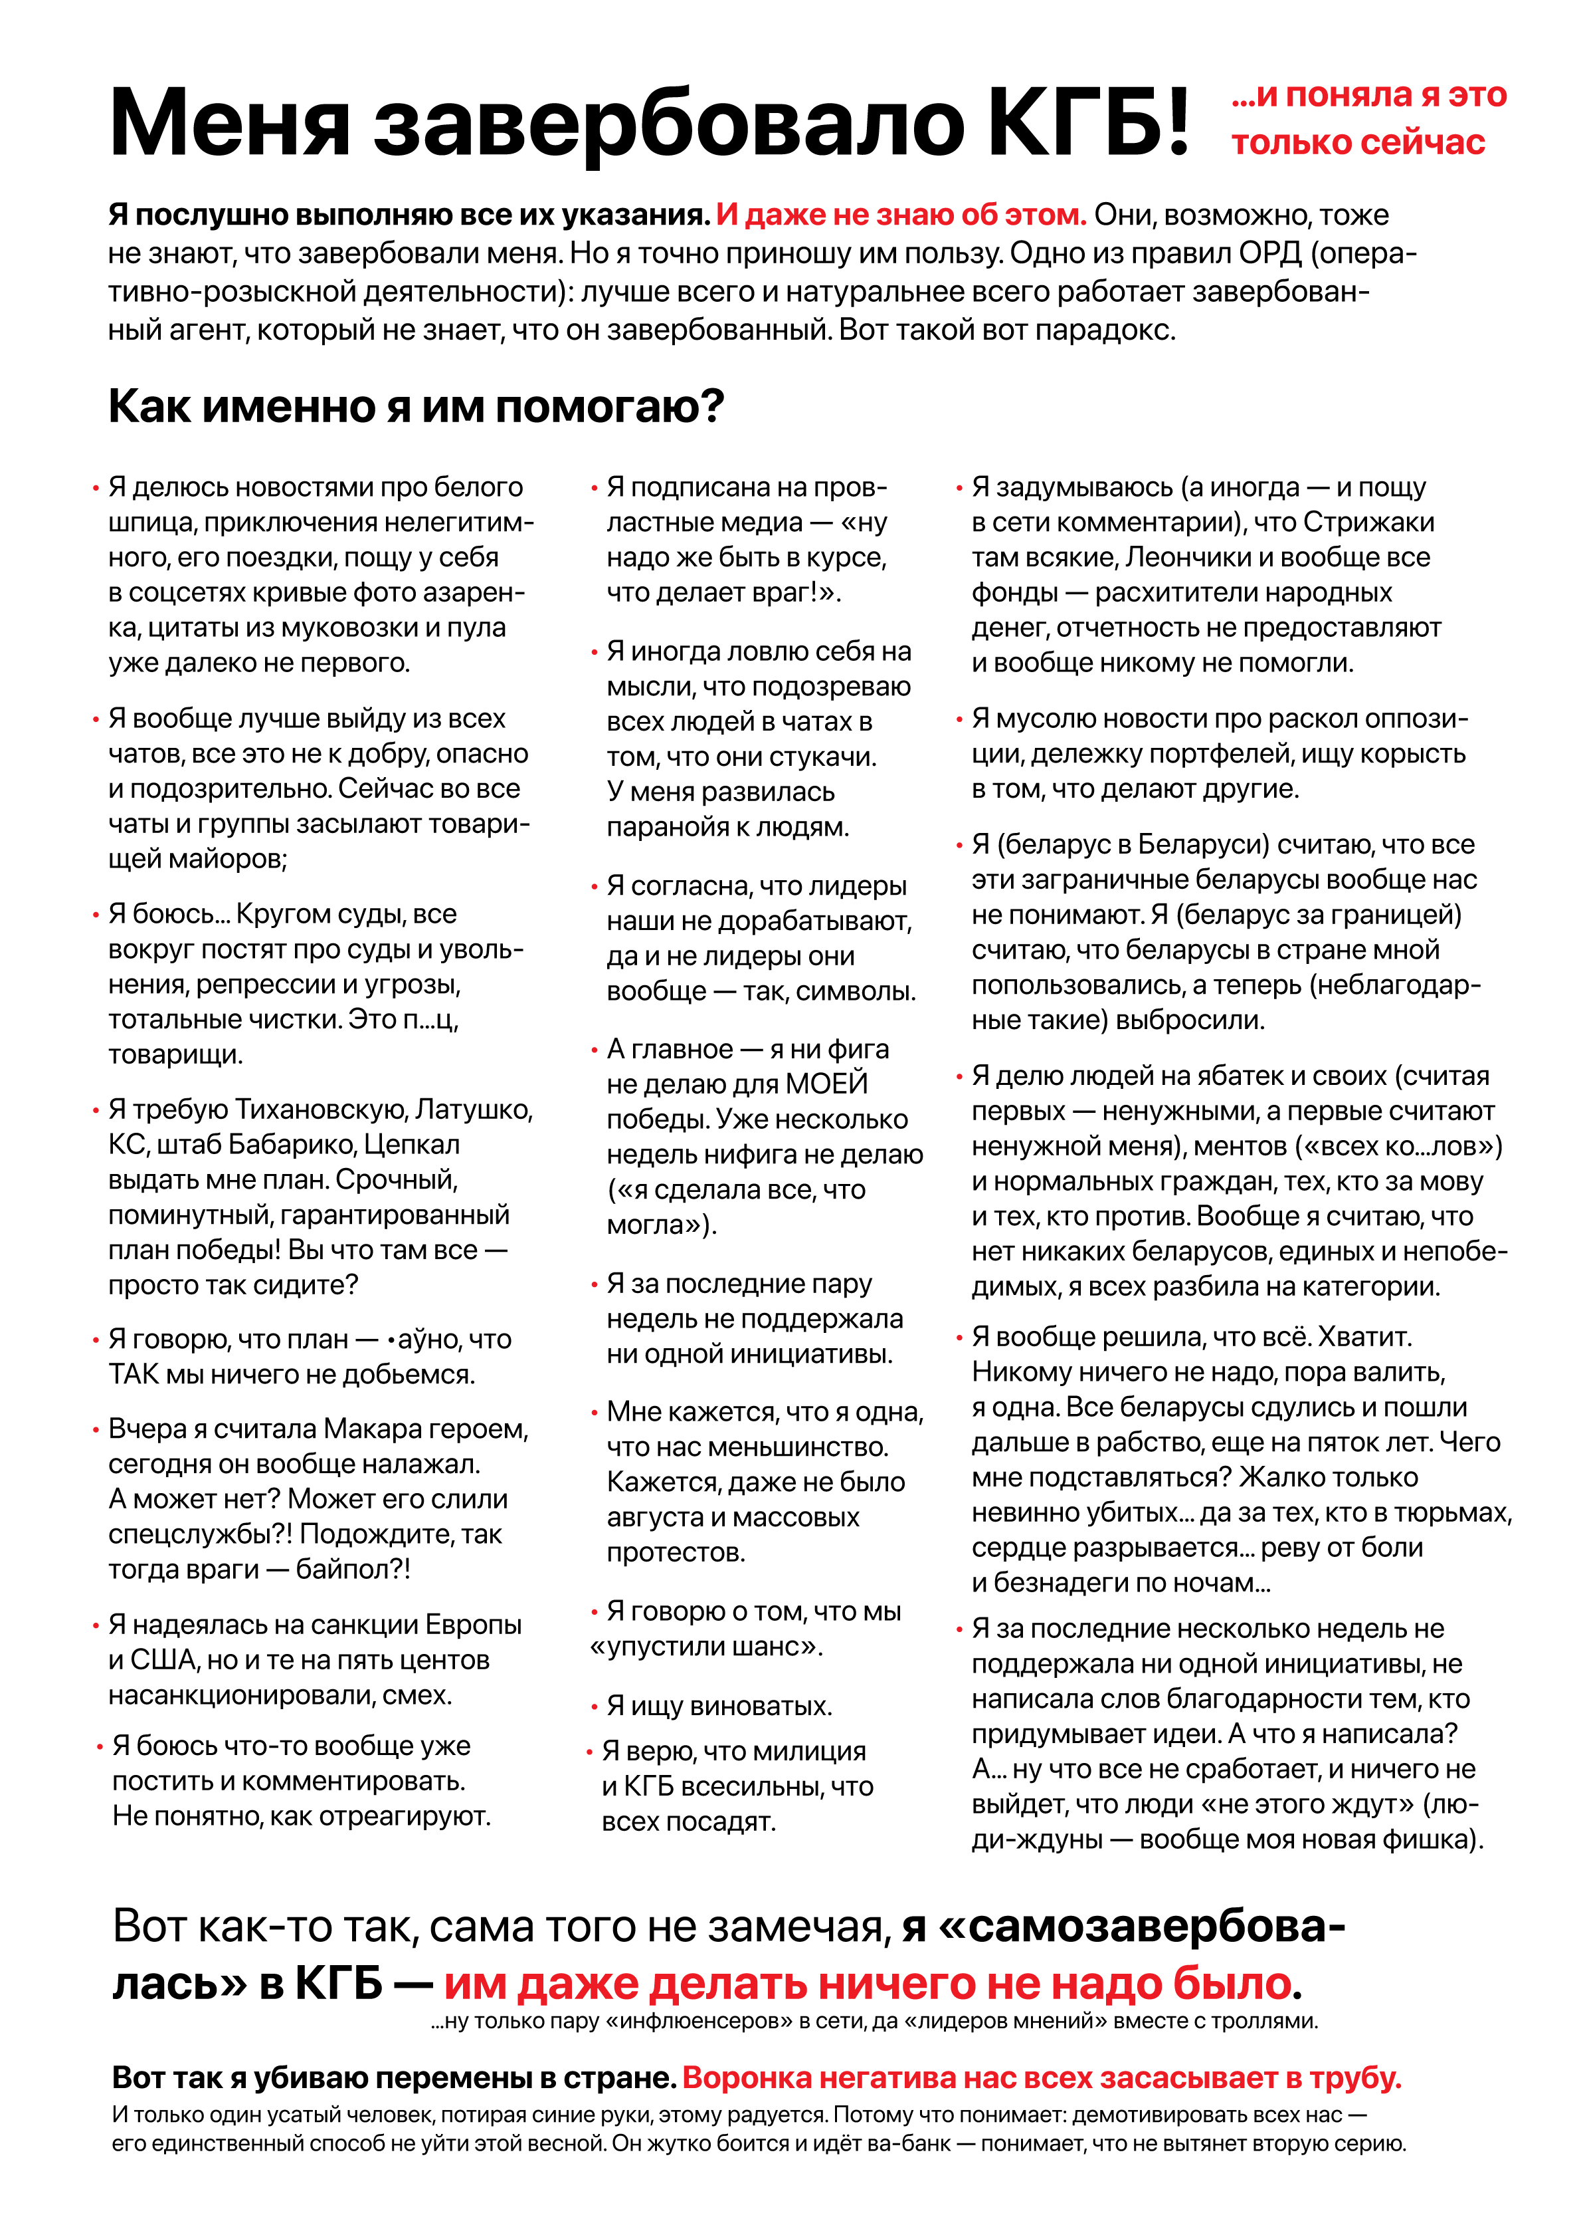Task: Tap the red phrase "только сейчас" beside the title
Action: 1357,144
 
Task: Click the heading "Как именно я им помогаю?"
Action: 417,406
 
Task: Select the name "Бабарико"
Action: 294,1145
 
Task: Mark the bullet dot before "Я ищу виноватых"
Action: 594,1707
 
